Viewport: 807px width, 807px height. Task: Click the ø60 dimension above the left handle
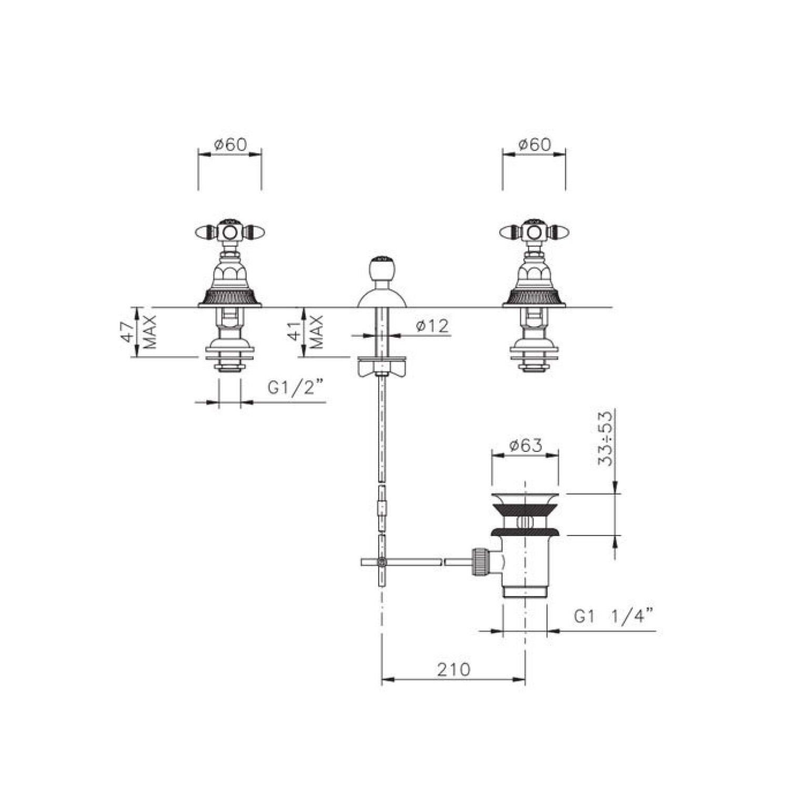pyautogui.click(x=230, y=145)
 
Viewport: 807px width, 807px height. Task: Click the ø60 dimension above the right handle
pyautogui.click(x=534, y=145)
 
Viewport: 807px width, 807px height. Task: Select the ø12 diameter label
pyautogui.click(x=433, y=326)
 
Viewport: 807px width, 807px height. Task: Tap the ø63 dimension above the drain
pyautogui.click(x=526, y=446)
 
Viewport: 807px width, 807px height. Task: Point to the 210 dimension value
pyautogui.click(x=453, y=670)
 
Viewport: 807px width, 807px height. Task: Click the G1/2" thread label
pyautogui.click(x=295, y=389)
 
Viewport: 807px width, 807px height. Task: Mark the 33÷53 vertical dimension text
pyautogui.click(x=606, y=438)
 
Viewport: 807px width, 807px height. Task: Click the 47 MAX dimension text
pyautogui.click(x=140, y=332)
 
